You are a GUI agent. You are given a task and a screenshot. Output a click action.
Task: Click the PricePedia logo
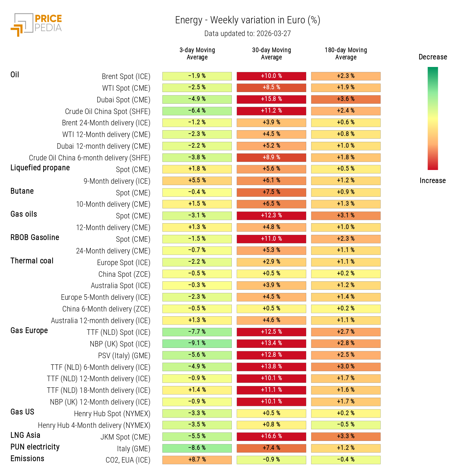(x=36, y=24)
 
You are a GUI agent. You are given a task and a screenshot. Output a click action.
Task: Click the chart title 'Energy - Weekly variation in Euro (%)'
(x=248, y=20)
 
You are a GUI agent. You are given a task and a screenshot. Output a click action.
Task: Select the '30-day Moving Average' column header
(x=271, y=54)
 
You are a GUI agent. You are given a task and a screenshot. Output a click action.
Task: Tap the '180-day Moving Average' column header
(x=346, y=54)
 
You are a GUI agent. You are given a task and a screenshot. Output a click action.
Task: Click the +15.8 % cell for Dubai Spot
(x=271, y=99)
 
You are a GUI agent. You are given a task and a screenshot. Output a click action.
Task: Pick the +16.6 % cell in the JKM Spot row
(x=271, y=436)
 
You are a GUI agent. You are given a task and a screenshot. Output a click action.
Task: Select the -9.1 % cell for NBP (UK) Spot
(x=197, y=343)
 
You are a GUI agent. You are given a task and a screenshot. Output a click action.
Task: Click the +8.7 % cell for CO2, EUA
(x=197, y=460)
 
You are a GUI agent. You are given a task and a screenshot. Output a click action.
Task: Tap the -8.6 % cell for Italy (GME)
(x=197, y=448)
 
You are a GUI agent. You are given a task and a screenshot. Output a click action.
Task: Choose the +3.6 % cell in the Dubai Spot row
(x=346, y=99)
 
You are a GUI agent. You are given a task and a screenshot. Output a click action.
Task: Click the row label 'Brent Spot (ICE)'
(x=126, y=77)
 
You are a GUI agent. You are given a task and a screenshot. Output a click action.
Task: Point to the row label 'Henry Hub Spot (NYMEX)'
(x=112, y=414)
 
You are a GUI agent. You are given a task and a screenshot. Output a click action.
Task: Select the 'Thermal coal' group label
(x=32, y=261)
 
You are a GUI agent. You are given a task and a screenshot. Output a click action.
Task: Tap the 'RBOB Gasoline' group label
(x=35, y=238)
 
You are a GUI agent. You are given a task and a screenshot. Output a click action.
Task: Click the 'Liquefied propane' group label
(x=40, y=168)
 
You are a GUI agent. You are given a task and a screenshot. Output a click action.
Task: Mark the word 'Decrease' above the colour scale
(x=433, y=57)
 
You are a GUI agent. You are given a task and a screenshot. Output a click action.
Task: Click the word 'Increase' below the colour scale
(x=432, y=181)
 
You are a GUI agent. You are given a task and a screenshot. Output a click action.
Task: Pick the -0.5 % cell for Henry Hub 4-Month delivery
(x=346, y=425)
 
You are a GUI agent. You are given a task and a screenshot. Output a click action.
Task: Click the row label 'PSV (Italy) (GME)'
(x=124, y=356)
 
